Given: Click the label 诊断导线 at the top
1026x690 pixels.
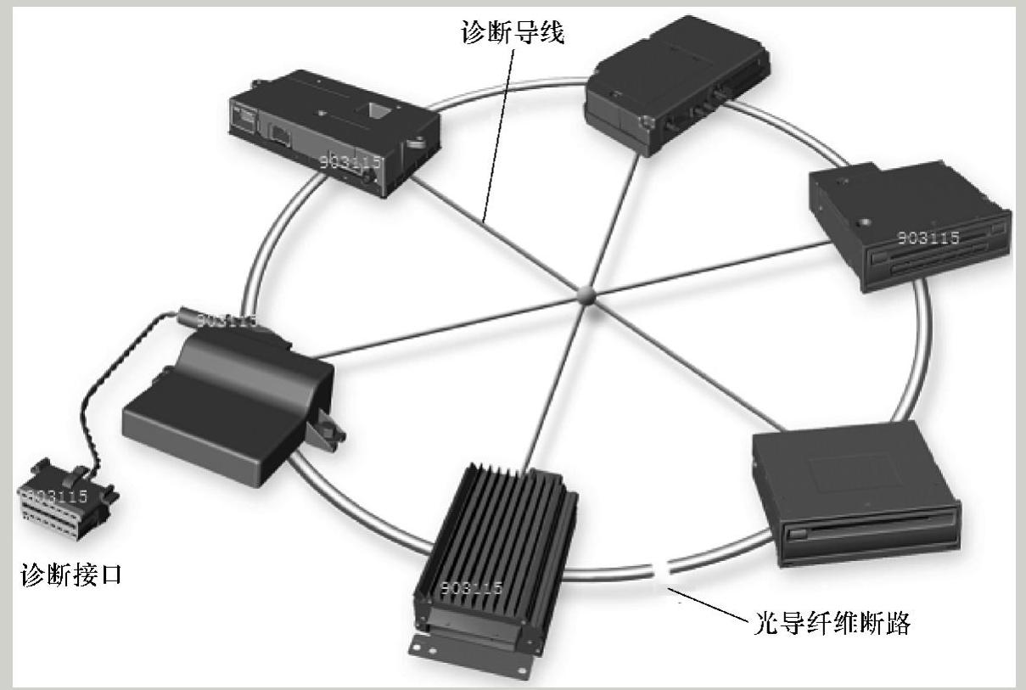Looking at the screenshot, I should tap(512, 33).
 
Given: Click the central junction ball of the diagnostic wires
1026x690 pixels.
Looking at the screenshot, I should tap(586, 295).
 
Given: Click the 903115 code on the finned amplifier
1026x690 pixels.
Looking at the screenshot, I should tap(470, 587).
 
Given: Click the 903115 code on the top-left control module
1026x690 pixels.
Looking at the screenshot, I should tap(350, 162).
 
